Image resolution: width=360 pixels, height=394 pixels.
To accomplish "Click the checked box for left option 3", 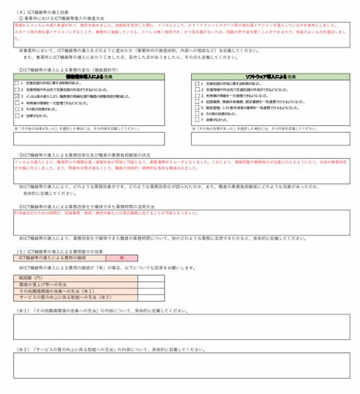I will coord(17,96).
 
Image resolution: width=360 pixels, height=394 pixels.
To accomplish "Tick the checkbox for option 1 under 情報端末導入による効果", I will coord(17,84).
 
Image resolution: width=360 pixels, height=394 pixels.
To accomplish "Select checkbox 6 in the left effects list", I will coord(17,116).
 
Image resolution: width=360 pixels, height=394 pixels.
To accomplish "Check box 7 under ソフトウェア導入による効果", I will coord(196,120).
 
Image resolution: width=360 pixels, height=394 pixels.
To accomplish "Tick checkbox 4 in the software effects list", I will coord(196,102).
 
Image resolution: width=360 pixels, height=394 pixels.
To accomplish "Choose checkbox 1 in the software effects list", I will coord(196,84).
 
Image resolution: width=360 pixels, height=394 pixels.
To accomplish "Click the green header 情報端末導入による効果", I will coord(89,76).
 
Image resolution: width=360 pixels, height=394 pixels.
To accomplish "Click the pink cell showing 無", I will coord(122,258).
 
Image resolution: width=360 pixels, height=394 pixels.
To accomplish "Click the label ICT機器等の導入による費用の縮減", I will coord(59,258).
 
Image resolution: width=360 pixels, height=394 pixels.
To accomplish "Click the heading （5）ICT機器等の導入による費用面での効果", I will coord(59,251).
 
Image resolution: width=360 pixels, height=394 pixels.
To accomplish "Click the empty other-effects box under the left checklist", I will coord(89,139).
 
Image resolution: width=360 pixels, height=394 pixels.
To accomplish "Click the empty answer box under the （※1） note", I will coord(181,327).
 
